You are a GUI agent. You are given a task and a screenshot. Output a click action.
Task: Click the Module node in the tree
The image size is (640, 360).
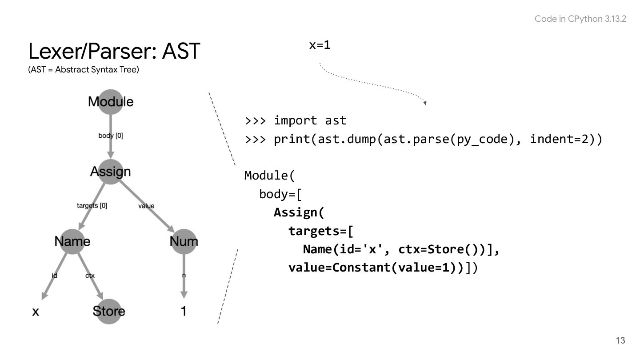click(111, 101)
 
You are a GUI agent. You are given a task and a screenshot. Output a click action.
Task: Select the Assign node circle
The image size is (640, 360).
click(111, 172)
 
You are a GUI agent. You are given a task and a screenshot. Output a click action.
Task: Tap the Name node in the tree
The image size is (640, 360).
click(72, 241)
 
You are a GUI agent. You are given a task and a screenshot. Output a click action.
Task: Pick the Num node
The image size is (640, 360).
click(184, 241)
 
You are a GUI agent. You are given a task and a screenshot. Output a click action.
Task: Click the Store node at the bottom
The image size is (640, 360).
click(109, 311)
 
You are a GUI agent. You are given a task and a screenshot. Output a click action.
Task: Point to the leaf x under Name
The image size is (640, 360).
click(36, 312)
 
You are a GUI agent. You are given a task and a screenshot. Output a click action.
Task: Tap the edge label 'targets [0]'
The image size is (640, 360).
click(92, 205)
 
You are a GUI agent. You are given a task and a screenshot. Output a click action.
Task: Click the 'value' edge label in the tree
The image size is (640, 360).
click(146, 206)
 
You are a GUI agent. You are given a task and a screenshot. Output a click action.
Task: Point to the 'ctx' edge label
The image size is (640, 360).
click(90, 276)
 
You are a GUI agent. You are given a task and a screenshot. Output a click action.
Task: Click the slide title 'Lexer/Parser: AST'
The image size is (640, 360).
click(114, 52)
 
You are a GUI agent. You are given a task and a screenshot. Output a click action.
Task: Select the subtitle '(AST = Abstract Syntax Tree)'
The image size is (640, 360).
click(84, 71)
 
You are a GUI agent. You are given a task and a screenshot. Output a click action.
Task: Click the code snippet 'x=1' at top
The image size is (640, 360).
click(320, 45)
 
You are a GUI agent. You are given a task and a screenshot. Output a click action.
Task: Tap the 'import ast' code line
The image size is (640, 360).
click(310, 120)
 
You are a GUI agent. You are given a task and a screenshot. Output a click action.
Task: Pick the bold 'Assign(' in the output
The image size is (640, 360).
click(299, 212)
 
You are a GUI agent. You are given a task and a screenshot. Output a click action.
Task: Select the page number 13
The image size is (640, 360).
click(620, 340)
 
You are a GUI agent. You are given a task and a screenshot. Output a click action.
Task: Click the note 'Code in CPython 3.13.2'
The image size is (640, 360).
click(580, 19)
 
